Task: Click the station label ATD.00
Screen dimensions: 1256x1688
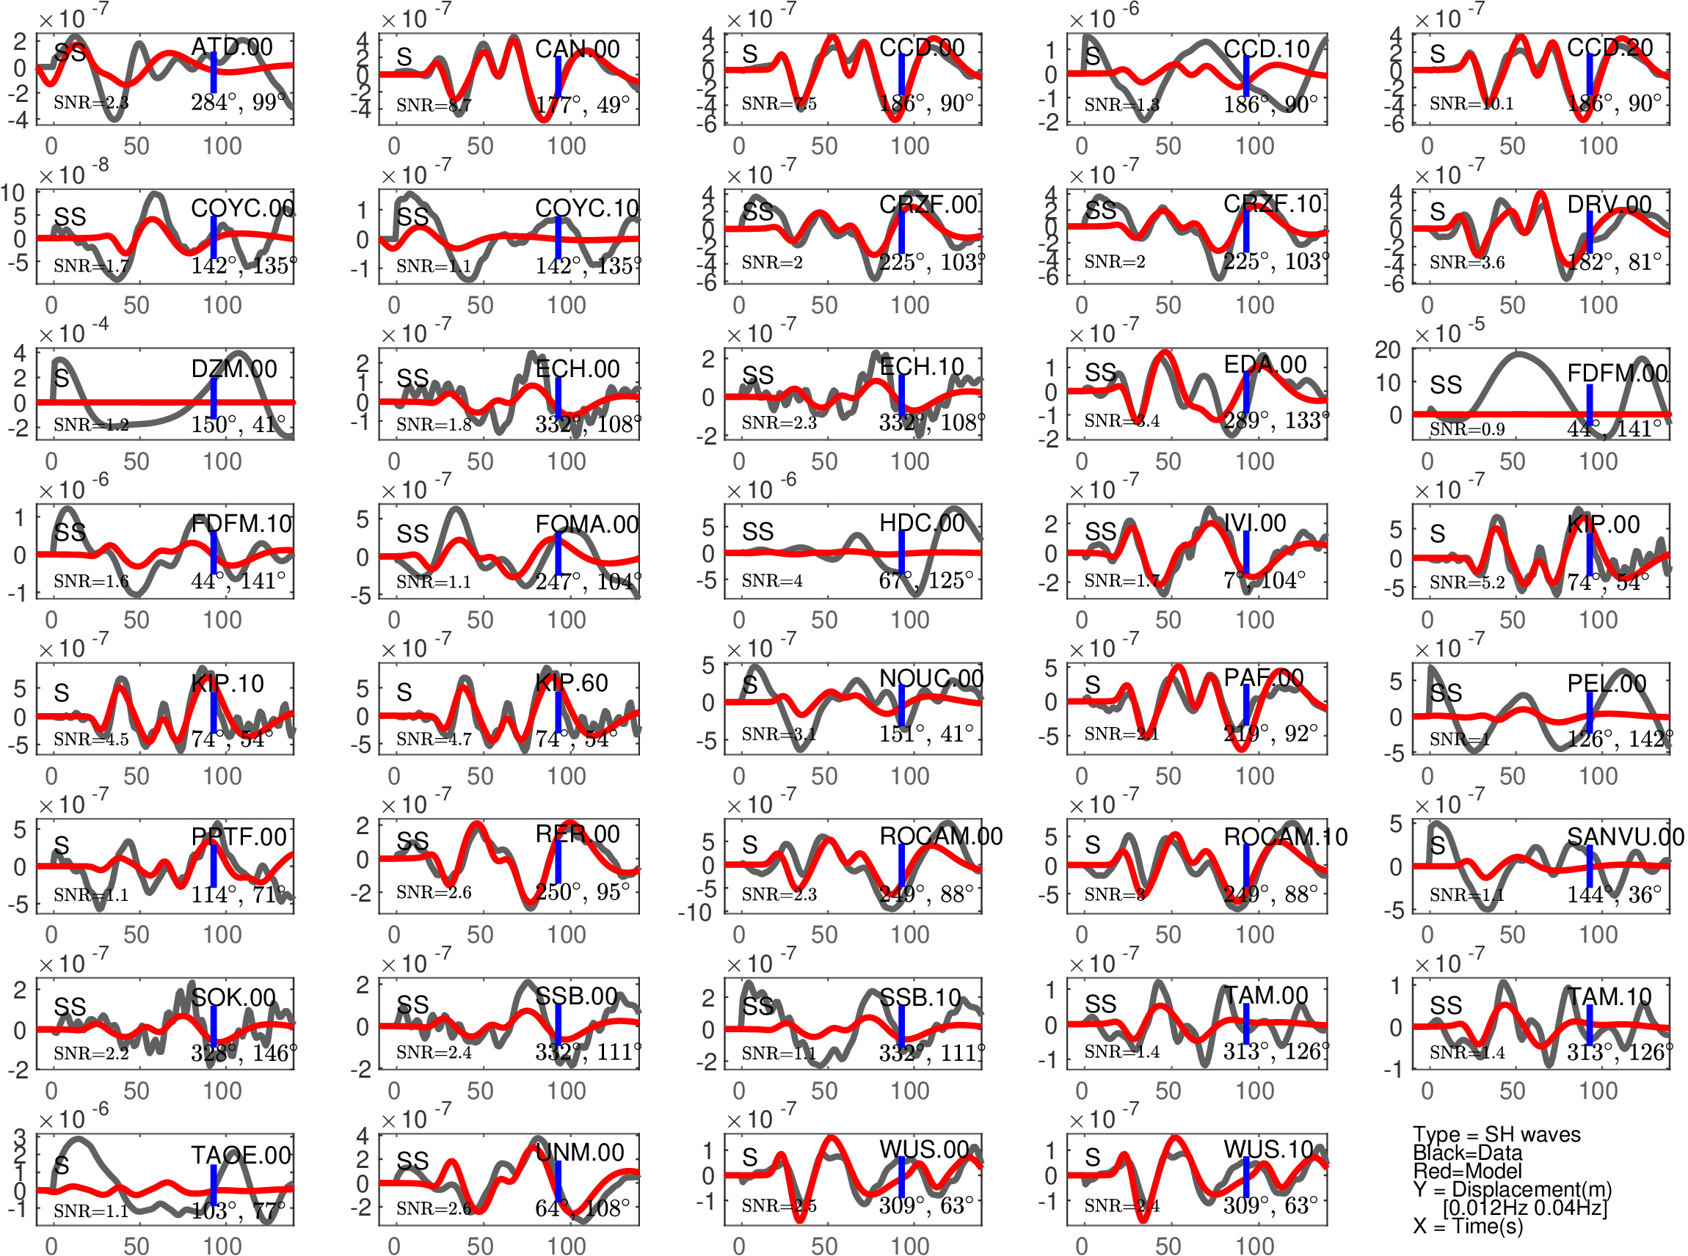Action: [x=231, y=47]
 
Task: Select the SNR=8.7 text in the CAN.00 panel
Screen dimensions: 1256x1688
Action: [x=434, y=105]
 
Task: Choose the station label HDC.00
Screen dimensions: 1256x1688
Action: [x=922, y=523]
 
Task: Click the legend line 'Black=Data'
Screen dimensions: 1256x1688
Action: [x=1467, y=1153]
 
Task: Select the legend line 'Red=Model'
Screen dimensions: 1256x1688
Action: [x=1467, y=1172]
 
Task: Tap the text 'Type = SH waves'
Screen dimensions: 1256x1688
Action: [x=1496, y=1135]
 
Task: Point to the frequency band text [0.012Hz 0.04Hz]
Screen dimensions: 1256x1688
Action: [x=1524, y=1208]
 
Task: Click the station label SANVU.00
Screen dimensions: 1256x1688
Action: [x=1625, y=837]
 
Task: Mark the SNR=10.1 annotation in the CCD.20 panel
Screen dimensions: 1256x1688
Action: [x=1471, y=103]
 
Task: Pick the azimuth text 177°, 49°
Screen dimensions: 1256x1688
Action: [x=583, y=105]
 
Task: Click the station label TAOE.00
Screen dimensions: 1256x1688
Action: [x=241, y=1155]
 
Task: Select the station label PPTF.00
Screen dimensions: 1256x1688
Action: [x=239, y=837]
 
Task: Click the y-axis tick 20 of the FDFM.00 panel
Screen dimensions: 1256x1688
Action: [x=1388, y=351]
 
